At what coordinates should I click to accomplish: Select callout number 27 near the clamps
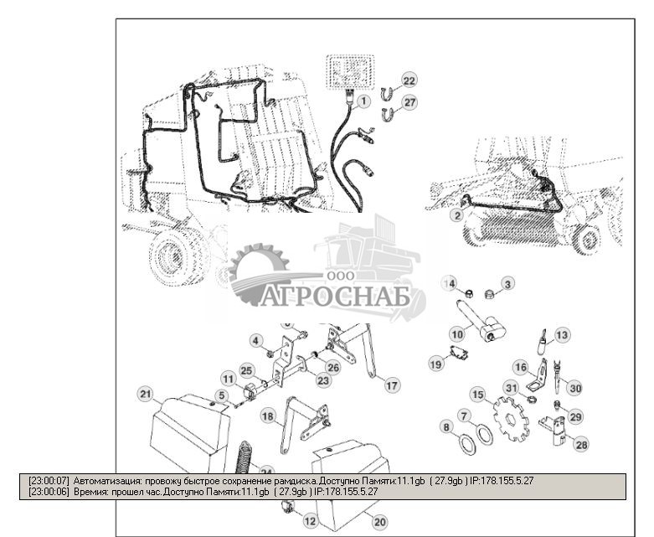(408, 102)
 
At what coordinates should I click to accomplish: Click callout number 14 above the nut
(450, 284)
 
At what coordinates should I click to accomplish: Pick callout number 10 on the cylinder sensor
(457, 333)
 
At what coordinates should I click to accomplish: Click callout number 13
(562, 334)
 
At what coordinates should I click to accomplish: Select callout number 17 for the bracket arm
(391, 385)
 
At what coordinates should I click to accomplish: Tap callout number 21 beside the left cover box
(145, 394)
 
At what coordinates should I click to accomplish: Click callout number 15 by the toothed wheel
(477, 394)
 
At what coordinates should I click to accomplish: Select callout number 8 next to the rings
(447, 427)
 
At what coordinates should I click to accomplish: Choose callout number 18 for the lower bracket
(267, 416)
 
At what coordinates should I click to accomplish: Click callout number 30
(574, 387)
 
